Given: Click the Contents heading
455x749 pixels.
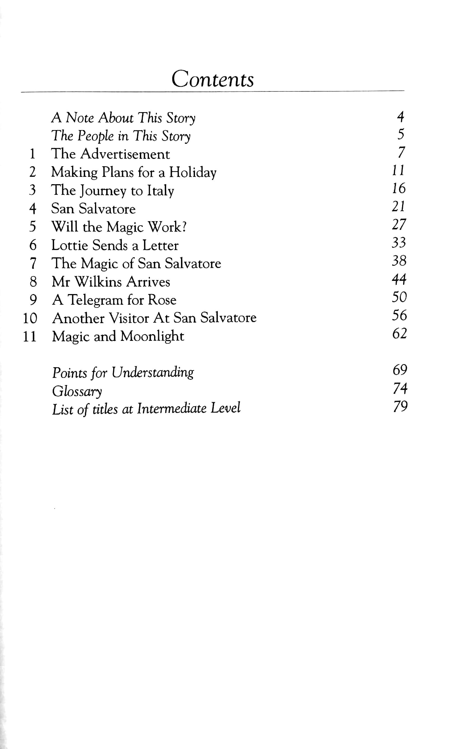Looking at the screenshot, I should (x=212, y=79).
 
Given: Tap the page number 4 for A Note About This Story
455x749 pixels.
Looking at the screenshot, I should (x=400, y=117).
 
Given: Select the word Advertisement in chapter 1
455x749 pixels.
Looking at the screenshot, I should (x=125, y=154).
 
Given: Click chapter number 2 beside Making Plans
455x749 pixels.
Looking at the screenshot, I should (x=32, y=172).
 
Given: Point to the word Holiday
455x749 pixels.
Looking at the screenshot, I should (x=192, y=173).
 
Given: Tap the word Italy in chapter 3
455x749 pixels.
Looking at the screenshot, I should (x=160, y=191).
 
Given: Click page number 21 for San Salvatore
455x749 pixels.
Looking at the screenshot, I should (x=398, y=207).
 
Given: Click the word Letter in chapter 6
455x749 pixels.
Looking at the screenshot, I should (x=160, y=245).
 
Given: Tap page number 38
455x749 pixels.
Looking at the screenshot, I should (x=399, y=261).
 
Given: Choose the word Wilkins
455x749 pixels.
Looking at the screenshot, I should (x=98, y=282).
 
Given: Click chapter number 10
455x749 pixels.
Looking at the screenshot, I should (x=30, y=318).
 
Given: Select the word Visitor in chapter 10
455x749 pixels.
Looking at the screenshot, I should (x=129, y=318).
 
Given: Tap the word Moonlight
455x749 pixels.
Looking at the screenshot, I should (x=152, y=336).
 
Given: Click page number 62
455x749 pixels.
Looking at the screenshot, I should (x=400, y=334).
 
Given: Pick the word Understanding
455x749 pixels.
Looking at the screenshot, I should (x=152, y=373).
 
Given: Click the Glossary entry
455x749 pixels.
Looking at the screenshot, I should (x=77, y=391).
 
